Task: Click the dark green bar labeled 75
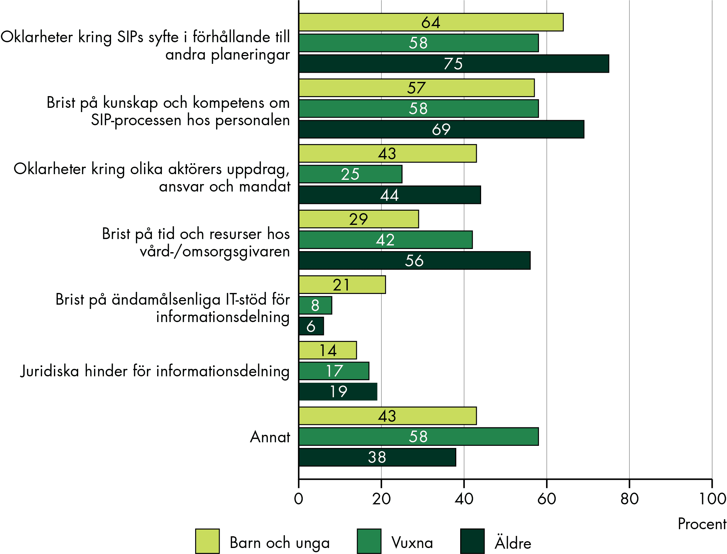coord(453,64)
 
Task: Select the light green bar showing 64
coord(431,22)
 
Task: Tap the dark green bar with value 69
coord(441,129)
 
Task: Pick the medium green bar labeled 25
coord(350,174)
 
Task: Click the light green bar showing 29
coord(358,219)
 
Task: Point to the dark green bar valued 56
coord(414,261)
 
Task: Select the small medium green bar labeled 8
coord(315,305)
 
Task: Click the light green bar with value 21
coord(342,285)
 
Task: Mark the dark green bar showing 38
coord(377,457)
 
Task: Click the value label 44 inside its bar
coord(389,195)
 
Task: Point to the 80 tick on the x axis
coord(629,499)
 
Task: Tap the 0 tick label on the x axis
coord(299,499)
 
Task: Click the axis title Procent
coord(702,524)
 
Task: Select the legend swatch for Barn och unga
coord(207,541)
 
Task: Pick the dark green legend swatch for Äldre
coord(472,541)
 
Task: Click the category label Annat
coord(270,437)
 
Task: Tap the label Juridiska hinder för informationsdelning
coord(155,371)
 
